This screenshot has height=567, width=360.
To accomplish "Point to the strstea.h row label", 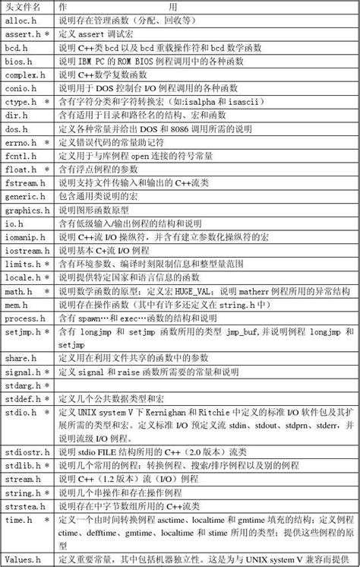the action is pyautogui.click(x=27, y=506).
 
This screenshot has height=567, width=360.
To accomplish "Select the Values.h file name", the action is pyautogui.click(x=22, y=560).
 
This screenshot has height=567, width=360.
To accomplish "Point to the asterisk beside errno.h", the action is pyautogui.click(x=47, y=142).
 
